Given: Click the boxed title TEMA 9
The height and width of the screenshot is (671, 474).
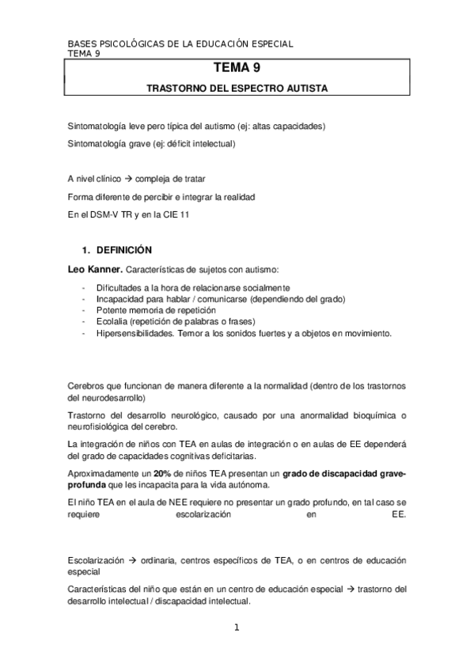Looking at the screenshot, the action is pos(237,70).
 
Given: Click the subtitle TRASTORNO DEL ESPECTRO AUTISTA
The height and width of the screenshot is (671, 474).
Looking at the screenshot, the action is pos(237,89).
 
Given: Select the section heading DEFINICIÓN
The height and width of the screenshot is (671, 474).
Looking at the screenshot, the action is pos(123,249).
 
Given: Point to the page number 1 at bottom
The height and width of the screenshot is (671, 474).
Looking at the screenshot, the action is pos(236,629).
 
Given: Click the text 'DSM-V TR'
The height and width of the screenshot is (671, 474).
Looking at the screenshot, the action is pos(109,214).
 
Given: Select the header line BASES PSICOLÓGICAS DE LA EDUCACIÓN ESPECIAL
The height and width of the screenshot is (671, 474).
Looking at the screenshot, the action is pos(180,45).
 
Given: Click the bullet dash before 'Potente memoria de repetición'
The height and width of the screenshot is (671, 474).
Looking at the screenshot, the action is pos(83,310).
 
